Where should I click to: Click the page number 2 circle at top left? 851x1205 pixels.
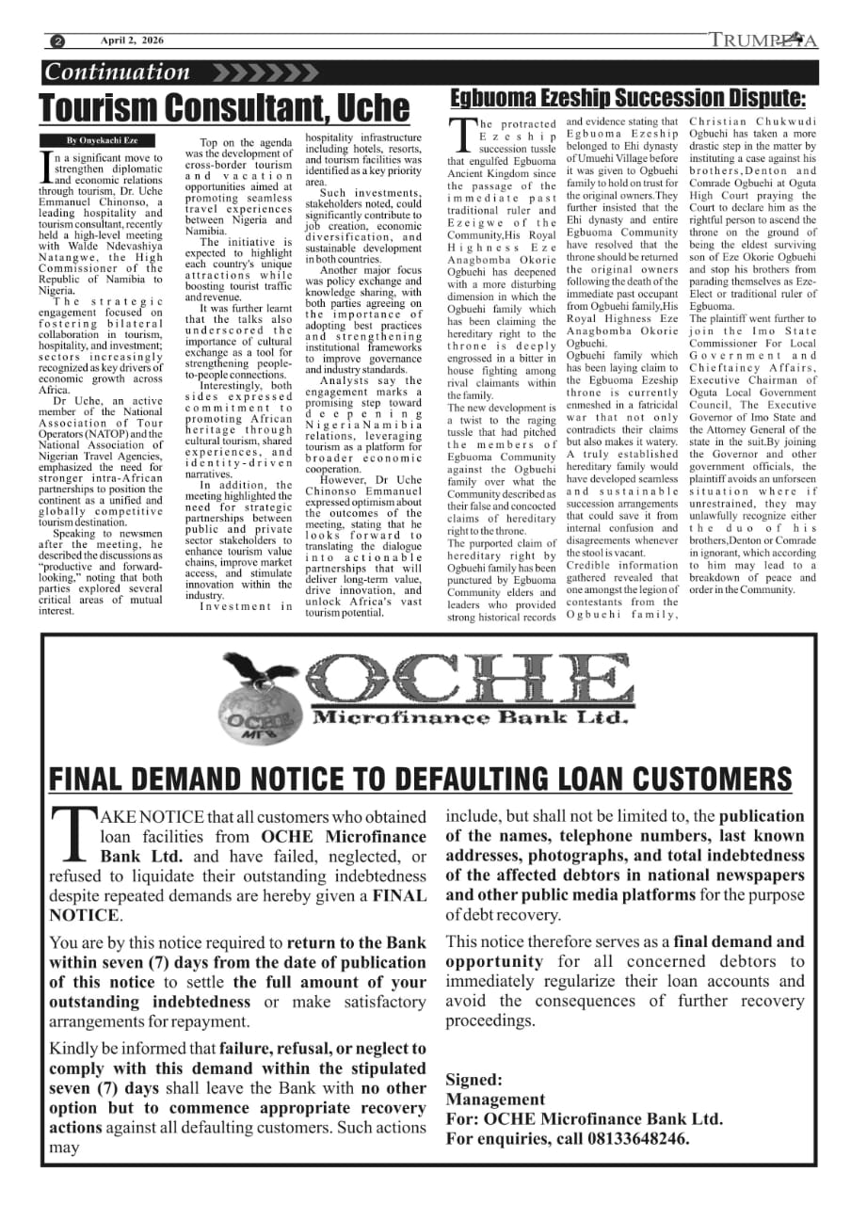pos(58,41)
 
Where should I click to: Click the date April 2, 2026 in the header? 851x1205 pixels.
pos(133,40)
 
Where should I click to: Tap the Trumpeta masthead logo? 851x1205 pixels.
pos(763,40)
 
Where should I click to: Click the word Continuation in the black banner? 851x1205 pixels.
pos(118,72)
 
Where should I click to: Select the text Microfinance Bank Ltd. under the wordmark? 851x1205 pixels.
pos(469,718)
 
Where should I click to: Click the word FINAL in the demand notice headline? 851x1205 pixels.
pos(100,779)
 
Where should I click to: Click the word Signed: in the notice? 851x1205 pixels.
pos(474,1080)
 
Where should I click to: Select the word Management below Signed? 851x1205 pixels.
pos(494,1100)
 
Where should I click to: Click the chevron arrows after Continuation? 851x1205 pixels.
pos(265,72)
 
